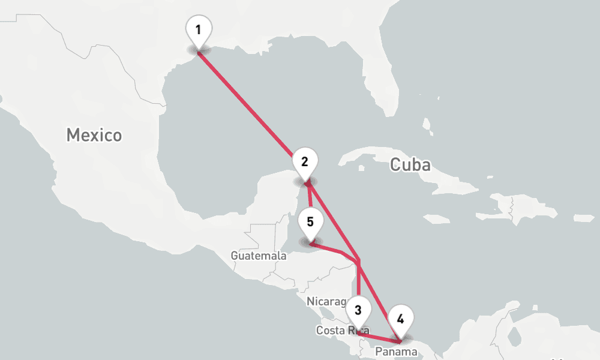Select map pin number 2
[x=305, y=163]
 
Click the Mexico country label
[x=94, y=135]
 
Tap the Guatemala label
[x=259, y=256]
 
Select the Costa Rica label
[x=339, y=331]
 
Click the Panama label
[x=396, y=352]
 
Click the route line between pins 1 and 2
[x=252, y=108]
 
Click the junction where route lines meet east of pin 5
[x=358, y=262]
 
